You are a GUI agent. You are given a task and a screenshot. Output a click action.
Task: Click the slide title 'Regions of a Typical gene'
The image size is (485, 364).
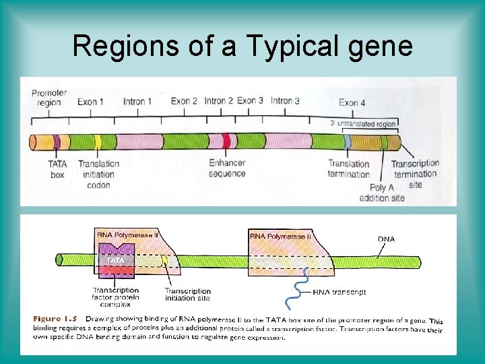click(x=243, y=45)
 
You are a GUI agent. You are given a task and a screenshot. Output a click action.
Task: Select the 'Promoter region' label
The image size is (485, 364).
click(x=46, y=97)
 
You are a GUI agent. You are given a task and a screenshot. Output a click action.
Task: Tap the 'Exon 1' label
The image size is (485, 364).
click(x=90, y=102)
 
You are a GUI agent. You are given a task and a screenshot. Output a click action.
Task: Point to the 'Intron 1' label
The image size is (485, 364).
click(x=137, y=102)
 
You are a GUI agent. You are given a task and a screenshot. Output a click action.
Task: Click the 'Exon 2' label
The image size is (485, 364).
click(x=184, y=101)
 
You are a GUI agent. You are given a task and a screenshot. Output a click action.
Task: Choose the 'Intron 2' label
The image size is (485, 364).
click(x=219, y=101)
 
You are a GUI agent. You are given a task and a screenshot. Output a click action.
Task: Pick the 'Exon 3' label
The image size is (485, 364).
click(x=250, y=101)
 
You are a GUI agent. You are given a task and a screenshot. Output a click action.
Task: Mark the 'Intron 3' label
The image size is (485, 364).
click(x=285, y=101)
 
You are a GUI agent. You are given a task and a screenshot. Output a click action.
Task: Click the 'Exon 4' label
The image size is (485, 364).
click(x=352, y=102)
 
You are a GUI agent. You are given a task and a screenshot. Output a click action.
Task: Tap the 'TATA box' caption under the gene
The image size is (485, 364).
click(x=57, y=169)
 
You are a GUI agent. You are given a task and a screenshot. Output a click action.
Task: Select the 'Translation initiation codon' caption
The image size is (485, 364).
click(x=98, y=173)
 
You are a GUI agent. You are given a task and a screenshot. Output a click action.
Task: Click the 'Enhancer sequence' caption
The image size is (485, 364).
click(x=227, y=169)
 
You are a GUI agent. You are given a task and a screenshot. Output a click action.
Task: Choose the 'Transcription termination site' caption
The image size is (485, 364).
click(x=415, y=174)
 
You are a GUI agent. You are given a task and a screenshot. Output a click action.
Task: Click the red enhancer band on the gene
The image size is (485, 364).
click(x=226, y=142)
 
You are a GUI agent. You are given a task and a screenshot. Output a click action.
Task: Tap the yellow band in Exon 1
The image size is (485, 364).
click(x=98, y=142)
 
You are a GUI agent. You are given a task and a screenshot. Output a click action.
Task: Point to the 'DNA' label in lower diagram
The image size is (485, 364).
click(x=386, y=239)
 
